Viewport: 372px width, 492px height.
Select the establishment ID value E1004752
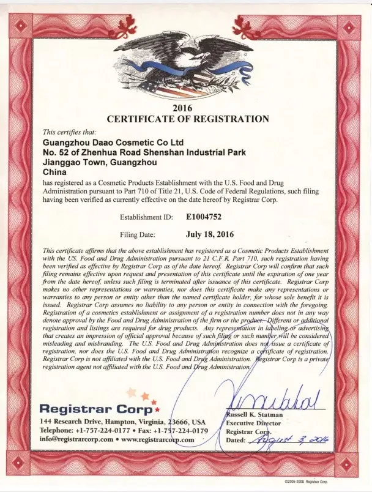tap(207, 216)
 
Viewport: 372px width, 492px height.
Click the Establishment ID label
tap(147, 217)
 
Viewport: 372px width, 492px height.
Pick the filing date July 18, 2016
tap(209, 233)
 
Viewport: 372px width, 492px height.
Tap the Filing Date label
tap(138, 234)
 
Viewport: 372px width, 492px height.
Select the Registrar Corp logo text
tap(98, 408)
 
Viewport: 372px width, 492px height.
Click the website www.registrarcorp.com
tap(156, 439)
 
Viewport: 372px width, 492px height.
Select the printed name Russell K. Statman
tap(256, 414)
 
